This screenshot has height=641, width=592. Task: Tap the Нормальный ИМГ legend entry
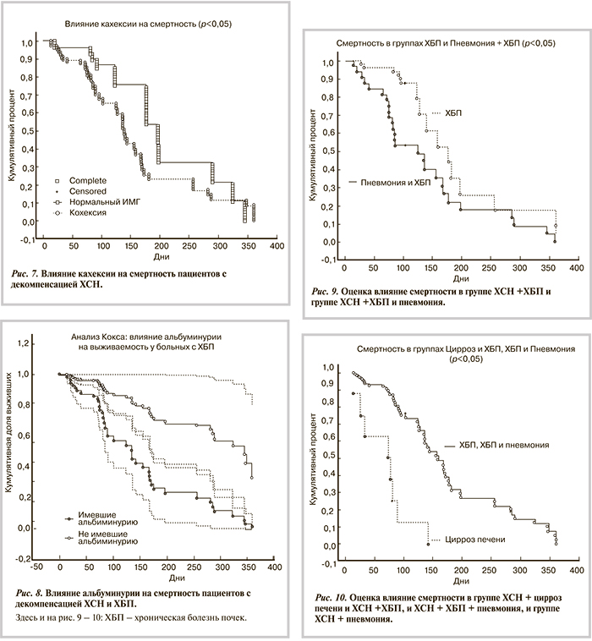coord(106,203)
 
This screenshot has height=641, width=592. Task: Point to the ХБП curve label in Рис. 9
coord(455,112)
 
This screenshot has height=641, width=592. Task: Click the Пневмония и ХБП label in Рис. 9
coord(397,183)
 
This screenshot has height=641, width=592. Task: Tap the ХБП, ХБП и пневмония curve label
coord(502,444)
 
